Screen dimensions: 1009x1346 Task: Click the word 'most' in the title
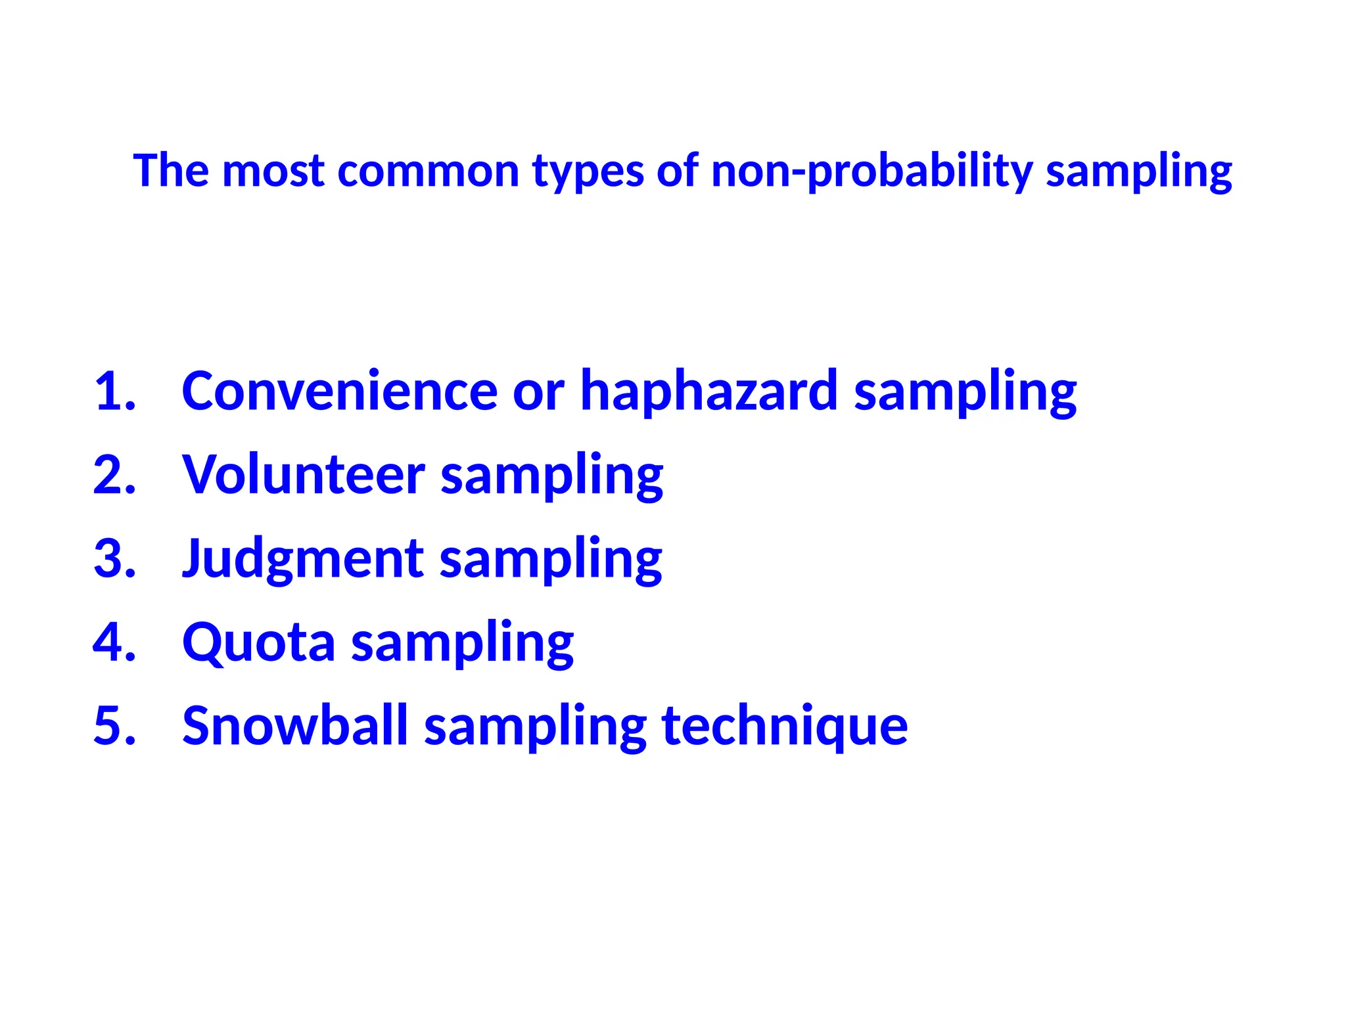click(x=273, y=171)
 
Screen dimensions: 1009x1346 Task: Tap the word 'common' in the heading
click(x=428, y=171)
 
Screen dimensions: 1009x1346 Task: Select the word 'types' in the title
click(x=588, y=172)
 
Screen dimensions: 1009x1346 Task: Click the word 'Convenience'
click(x=339, y=392)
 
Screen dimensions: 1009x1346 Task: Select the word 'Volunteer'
click(x=304, y=475)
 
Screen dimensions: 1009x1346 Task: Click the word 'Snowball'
click(x=295, y=727)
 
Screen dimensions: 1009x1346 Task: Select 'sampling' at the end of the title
click(x=1138, y=172)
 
